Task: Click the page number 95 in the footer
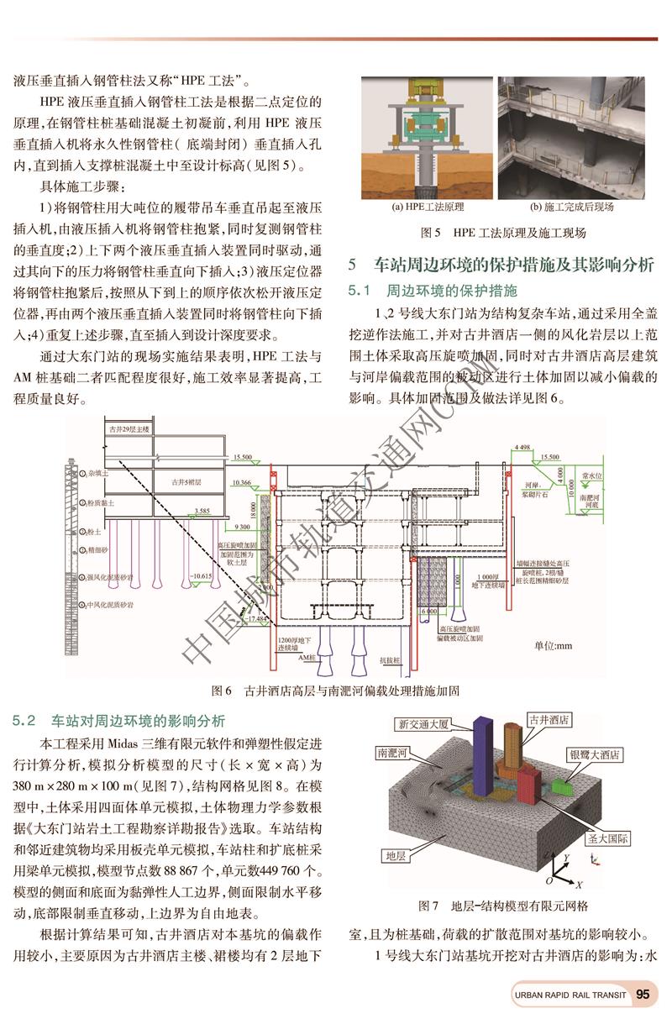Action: pyautogui.click(x=643, y=995)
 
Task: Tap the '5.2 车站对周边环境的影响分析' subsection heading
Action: pyautogui.click(x=119, y=720)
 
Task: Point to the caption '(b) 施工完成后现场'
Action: pyautogui.click(x=572, y=207)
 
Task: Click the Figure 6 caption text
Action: pyautogui.click(x=336, y=691)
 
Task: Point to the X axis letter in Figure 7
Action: pyautogui.click(x=579, y=885)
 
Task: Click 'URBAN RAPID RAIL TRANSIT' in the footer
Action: pyautogui.click(x=570, y=995)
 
